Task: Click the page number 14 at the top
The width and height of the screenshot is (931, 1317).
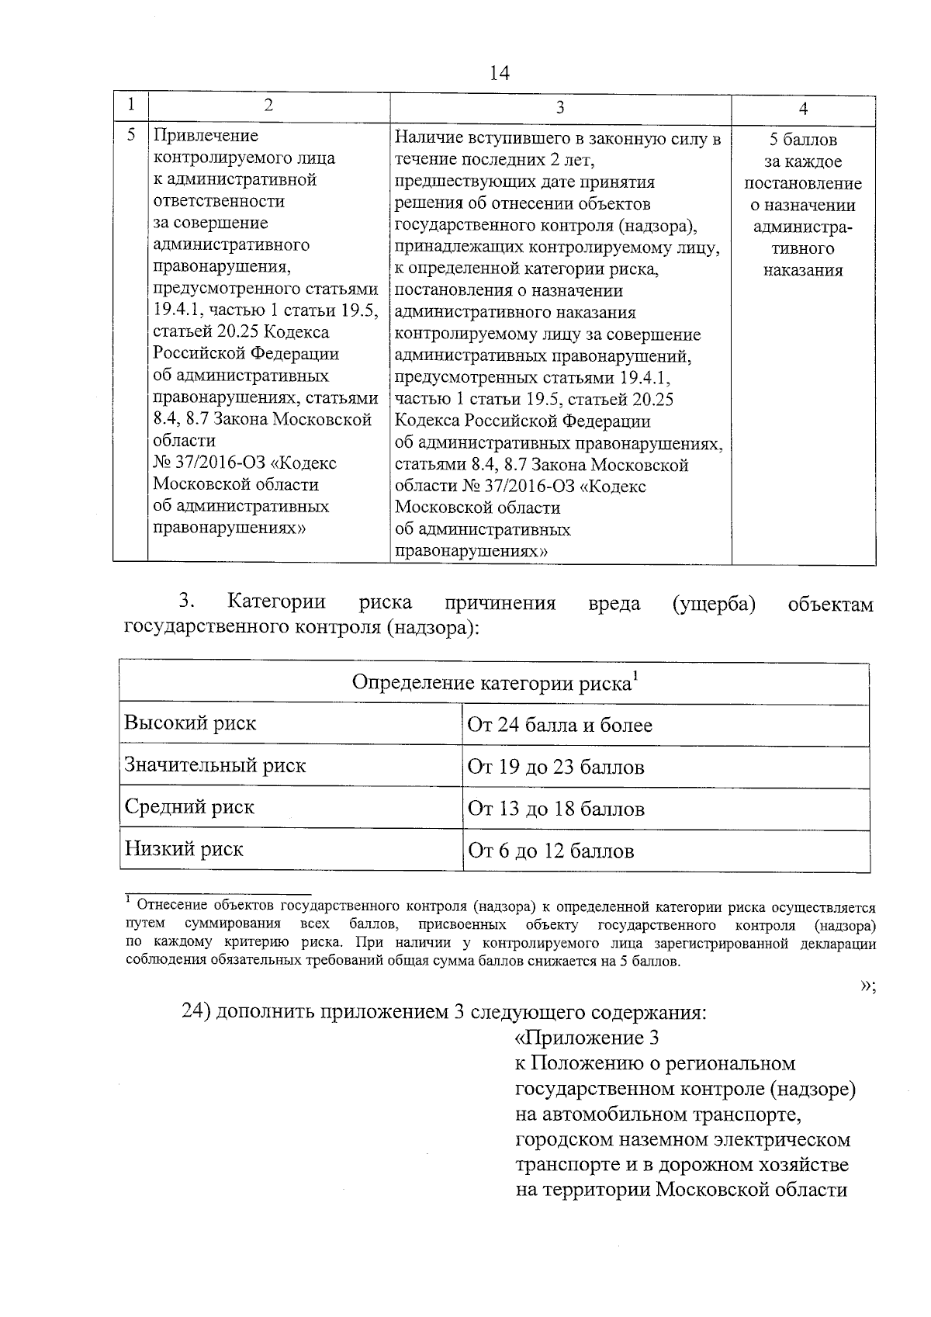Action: coord(500,74)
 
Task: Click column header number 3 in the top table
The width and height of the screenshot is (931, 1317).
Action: coord(560,108)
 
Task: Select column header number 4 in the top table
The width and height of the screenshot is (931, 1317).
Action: coord(803,109)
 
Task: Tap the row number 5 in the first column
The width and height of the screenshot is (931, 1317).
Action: coord(131,135)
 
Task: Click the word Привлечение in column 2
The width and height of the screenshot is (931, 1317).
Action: coord(206,136)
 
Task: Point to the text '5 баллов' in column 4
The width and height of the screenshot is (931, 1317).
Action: coord(803,140)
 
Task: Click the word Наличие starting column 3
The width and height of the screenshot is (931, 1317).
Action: coord(427,139)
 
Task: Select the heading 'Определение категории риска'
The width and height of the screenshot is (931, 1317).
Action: coord(494,683)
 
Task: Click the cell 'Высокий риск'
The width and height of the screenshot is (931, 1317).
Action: coord(190,723)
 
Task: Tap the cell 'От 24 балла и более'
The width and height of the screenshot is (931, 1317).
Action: coord(559,726)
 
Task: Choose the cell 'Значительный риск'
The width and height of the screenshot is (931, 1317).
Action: coord(215,766)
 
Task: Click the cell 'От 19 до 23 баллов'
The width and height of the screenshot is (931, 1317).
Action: coord(555,768)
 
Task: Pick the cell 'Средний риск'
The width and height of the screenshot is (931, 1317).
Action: coord(189,807)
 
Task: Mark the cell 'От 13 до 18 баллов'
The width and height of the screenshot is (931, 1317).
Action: coord(555,809)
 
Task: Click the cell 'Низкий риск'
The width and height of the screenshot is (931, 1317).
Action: coord(184,849)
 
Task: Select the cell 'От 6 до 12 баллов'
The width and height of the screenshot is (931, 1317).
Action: coord(551,851)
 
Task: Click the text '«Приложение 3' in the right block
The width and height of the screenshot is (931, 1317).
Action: coord(587,1038)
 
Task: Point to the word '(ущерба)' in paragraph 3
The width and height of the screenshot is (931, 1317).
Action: coord(714,603)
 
